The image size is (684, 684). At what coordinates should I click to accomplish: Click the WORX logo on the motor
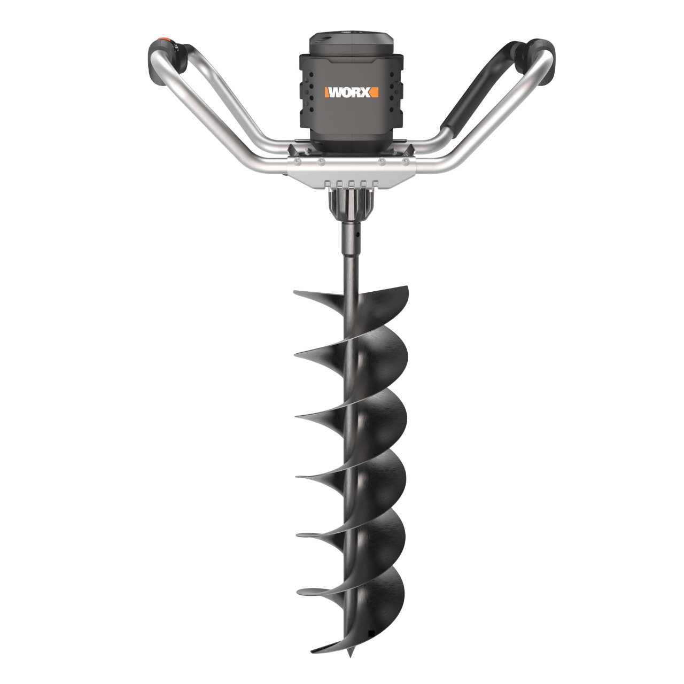352,92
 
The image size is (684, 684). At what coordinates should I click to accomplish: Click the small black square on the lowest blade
371,612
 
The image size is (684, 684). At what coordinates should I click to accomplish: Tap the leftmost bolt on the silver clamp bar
296,162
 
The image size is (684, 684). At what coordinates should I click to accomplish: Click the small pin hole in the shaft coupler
358,234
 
